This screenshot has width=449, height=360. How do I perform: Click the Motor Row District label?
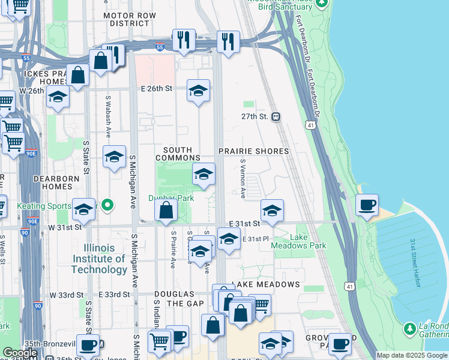[126, 19]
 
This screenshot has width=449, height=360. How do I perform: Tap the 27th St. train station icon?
[276, 116]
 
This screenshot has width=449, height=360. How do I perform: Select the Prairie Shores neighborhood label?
[253, 151]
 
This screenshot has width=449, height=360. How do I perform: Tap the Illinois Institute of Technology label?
[99, 259]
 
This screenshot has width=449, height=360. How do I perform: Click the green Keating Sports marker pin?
[107, 205]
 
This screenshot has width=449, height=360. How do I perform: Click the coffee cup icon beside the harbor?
[367, 205]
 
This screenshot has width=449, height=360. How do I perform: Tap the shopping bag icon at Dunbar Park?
[166, 211]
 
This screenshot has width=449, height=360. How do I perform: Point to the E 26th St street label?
[157, 88]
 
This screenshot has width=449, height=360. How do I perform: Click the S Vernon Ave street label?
[243, 178]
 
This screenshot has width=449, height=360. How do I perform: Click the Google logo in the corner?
[20, 352]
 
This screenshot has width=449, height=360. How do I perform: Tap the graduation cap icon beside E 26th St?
[198, 91]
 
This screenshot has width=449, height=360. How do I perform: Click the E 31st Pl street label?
[255, 239]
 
